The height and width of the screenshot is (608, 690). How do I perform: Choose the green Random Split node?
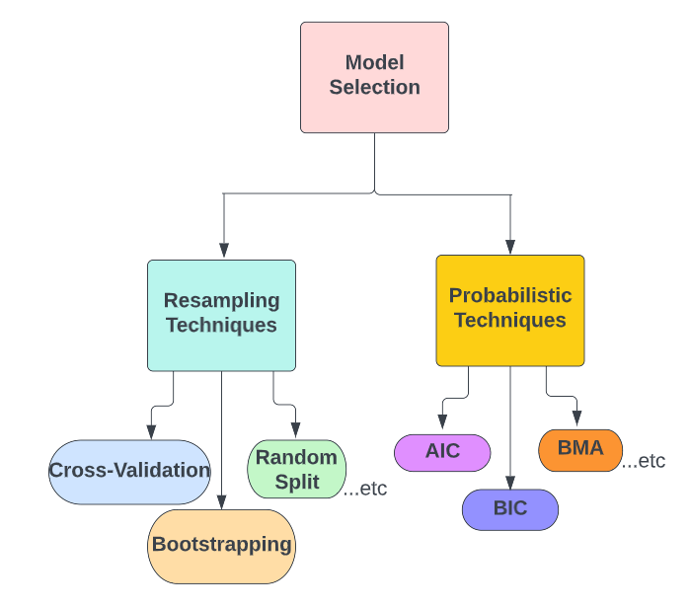(296, 469)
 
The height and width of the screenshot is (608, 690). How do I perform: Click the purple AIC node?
(442, 452)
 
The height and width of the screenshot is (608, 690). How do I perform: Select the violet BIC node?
(510, 509)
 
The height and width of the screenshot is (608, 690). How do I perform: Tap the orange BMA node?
(579, 449)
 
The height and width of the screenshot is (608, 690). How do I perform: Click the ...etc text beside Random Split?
(364, 489)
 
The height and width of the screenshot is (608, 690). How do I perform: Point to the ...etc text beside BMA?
(644, 461)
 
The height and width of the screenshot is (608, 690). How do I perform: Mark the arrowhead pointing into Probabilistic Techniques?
(510, 247)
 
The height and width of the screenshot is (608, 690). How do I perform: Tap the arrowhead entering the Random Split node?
(296, 431)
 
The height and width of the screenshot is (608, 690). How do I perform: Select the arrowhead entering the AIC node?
(442, 426)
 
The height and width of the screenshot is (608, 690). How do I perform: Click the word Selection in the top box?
(374, 87)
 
